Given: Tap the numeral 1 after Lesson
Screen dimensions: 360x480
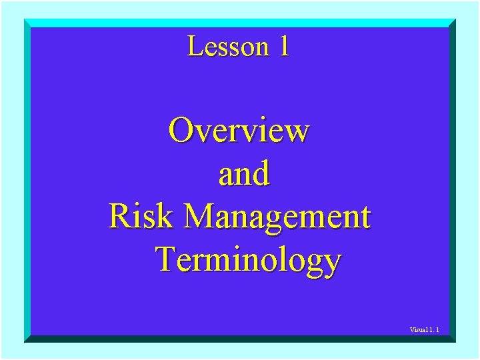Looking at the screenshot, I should tap(284, 47).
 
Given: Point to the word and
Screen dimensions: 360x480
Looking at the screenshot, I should tap(244, 173).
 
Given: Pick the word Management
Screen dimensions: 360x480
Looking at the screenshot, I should tap(277, 217).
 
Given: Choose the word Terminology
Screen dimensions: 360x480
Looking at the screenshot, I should tap(248, 260).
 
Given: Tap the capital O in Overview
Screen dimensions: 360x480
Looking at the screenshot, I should tap(181, 130).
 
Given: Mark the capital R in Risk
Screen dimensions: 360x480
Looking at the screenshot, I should tap(120, 217).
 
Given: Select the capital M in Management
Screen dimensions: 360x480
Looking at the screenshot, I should tap(199, 217).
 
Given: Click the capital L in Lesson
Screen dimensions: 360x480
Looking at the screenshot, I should tap(195, 47).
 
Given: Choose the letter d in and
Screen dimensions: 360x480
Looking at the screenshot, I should tap(261, 173).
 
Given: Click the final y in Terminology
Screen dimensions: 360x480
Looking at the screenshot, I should tap(331, 263).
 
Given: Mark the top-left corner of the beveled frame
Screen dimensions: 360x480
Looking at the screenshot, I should tap(25, 19).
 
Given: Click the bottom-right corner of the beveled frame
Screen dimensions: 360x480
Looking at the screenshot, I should tap(455, 342).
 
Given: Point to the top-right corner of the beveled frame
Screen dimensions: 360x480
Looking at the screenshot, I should tap(455, 19).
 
